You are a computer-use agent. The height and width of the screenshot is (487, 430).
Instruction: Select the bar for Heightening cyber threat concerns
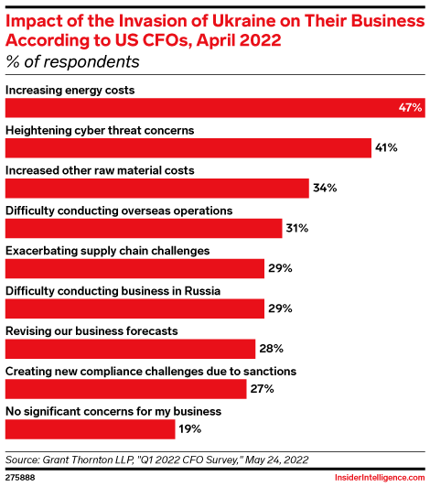click(188, 148)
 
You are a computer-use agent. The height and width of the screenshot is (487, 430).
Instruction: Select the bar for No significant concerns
click(90, 428)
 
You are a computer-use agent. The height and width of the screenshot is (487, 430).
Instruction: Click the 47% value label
click(410, 108)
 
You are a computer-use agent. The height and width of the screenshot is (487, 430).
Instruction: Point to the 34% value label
click(325, 189)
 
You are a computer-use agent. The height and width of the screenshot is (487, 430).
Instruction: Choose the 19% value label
click(189, 428)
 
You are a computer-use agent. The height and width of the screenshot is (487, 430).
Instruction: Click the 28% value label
click(271, 349)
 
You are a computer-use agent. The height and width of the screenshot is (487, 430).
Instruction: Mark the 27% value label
click(263, 389)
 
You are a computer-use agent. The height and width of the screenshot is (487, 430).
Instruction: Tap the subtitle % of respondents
click(72, 62)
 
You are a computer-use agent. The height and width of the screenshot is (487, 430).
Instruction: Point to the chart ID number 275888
click(21, 477)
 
